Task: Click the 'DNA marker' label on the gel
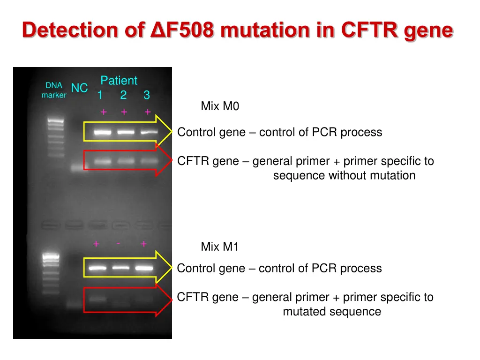(x=53, y=90)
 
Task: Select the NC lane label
(x=79, y=88)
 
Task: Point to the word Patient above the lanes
(x=119, y=81)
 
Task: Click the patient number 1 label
(x=100, y=96)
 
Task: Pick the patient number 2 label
(x=123, y=96)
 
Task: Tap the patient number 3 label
(x=147, y=96)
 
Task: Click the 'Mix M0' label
(x=220, y=106)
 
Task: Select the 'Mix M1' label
(x=219, y=247)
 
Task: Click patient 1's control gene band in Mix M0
(x=102, y=133)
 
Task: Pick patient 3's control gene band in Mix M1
(x=144, y=269)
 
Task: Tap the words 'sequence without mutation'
(x=344, y=176)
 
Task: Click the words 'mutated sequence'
(x=332, y=312)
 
